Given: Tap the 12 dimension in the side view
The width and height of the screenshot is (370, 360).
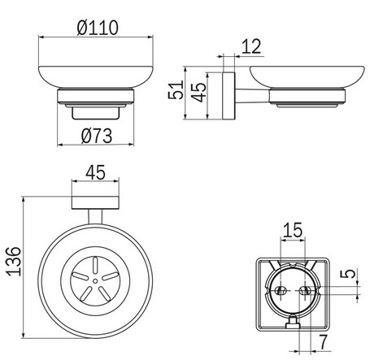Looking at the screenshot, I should pyautogui.click(x=251, y=46).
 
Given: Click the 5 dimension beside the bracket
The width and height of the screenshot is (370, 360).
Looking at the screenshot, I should pyautogui.click(x=348, y=275).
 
